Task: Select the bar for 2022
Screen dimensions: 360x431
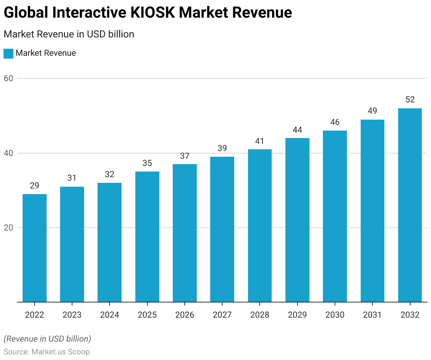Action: pos(35,248)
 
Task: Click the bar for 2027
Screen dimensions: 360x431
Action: pos(222,229)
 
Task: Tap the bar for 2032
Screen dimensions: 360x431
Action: pos(410,205)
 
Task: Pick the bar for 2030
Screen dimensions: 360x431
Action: pos(335,216)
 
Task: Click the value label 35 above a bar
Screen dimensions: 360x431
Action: pos(147,163)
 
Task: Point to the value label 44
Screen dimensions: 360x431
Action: pos(297,130)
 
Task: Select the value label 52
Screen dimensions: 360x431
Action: pos(410,100)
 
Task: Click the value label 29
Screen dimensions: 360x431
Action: pos(35,186)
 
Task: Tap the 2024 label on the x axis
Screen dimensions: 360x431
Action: pos(110,315)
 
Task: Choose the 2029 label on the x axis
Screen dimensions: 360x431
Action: pos(297,315)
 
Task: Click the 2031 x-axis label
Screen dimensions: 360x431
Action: pos(372,315)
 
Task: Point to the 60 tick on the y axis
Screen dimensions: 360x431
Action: pos(8,78)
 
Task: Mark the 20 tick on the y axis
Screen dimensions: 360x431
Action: pos(8,228)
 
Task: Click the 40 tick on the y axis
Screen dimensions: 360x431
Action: pos(8,153)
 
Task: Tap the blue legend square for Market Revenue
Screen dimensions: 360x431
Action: pos(8,54)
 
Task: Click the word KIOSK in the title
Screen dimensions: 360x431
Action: pos(152,13)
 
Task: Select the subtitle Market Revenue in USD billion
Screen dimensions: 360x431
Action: pos(69,34)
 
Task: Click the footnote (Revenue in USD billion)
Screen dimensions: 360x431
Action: pos(47,339)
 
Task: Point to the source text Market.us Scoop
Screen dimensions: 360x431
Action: pos(60,352)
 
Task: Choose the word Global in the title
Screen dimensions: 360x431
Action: pos(25,13)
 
